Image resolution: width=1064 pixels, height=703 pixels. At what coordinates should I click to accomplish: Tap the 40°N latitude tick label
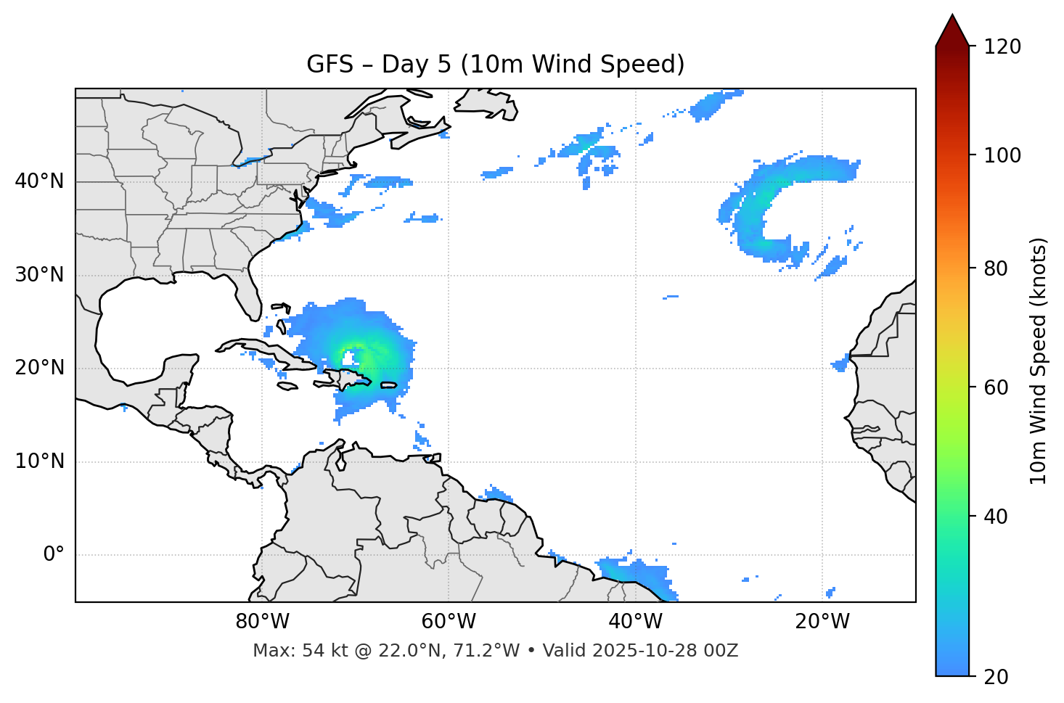[x=39, y=181]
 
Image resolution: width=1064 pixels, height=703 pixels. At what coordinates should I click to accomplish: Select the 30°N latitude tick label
[x=39, y=275]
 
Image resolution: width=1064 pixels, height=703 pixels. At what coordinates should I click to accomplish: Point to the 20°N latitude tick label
[x=39, y=368]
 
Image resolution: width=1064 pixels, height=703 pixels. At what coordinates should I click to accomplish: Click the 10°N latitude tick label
[x=39, y=461]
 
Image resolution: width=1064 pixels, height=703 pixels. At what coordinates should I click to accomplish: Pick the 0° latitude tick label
[x=53, y=555]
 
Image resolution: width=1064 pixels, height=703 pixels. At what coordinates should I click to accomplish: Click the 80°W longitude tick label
[x=262, y=622]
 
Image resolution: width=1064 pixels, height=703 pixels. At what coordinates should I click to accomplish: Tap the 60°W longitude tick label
[x=448, y=622]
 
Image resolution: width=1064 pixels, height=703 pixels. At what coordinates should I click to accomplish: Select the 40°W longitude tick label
[x=636, y=622]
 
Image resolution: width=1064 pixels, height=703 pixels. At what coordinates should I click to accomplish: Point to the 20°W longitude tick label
[x=822, y=622]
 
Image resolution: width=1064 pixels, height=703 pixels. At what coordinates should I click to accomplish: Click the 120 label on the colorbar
[x=1002, y=47]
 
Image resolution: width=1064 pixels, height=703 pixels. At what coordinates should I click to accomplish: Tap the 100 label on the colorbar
[x=1002, y=155]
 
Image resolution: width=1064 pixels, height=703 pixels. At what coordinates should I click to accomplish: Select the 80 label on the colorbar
[x=997, y=268]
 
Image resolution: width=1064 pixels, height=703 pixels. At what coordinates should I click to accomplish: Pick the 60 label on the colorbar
[x=997, y=387]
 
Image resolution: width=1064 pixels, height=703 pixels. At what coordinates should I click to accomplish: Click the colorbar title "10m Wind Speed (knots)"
[x=1039, y=361]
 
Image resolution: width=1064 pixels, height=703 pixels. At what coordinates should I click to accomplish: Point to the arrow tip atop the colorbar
[x=952, y=16]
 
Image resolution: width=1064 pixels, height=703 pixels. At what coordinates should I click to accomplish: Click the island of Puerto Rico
[x=388, y=385]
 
